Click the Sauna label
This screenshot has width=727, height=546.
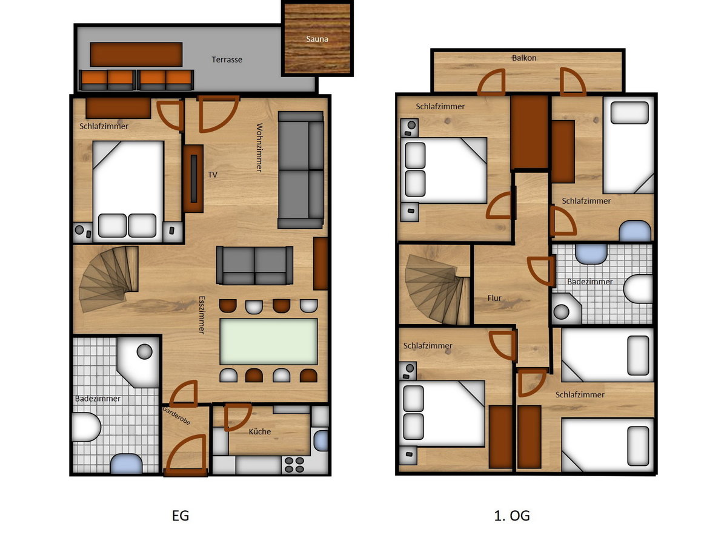(317, 39)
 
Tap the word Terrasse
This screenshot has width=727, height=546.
(227, 59)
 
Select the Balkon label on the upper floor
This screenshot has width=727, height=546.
(523, 58)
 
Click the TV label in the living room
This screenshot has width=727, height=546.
(212, 175)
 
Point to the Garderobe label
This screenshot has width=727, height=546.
(176, 416)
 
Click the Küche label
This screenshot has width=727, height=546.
(260, 431)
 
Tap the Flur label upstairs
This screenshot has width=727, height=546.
(494, 298)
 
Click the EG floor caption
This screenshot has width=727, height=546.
(181, 516)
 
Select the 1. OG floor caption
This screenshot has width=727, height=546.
(512, 516)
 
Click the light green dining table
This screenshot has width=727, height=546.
(268, 342)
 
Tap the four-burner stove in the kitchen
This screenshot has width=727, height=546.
(294, 465)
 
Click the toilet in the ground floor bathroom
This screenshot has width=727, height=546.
(87, 427)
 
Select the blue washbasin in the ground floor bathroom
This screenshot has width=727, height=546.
(126, 463)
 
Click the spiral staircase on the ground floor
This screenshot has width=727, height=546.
(109, 278)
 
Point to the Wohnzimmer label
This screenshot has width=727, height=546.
(260, 147)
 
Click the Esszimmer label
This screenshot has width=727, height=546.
(202, 315)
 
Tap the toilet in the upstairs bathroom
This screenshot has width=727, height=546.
(638, 288)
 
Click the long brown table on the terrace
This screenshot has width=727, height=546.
(136, 55)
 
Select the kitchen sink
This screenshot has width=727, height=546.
(320, 440)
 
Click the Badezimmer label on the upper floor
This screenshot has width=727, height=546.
(590, 281)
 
